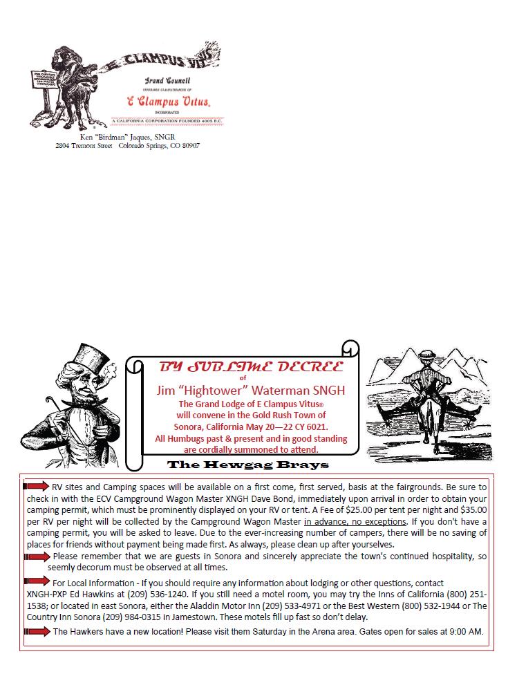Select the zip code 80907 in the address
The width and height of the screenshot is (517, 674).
coord(189,146)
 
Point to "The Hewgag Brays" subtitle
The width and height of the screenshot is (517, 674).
coord(248,464)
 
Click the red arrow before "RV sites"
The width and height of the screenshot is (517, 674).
coord(36,486)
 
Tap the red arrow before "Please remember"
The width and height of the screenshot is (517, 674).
coord(36,556)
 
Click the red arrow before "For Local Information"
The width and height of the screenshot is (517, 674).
coord(36,581)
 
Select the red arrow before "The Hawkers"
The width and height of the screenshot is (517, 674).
coord(36,631)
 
